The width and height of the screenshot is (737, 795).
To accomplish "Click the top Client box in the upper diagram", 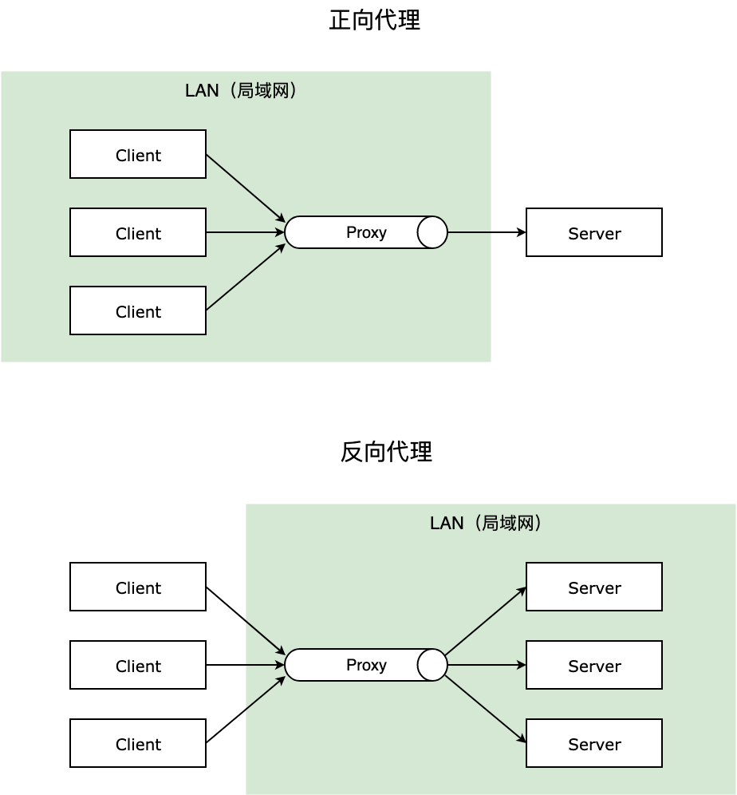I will pyautogui.click(x=138, y=154).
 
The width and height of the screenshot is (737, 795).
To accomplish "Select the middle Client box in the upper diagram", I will pyautogui.click(x=138, y=232).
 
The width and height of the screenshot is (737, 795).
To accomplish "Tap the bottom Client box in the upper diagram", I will pyautogui.click(x=138, y=310).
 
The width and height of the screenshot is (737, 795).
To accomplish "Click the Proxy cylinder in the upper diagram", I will pyautogui.click(x=359, y=232).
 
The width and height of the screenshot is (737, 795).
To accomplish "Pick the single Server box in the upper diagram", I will pyautogui.click(x=594, y=232).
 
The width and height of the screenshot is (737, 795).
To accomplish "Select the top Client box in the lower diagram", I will pyautogui.click(x=138, y=587).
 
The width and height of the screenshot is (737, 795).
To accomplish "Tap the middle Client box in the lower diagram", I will pyautogui.click(x=138, y=665).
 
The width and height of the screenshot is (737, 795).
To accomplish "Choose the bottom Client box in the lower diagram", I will pyautogui.click(x=138, y=743).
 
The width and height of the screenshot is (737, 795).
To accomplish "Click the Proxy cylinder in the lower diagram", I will pyautogui.click(x=359, y=665).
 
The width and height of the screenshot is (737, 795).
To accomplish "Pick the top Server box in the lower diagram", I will pyautogui.click(x=594, y=587).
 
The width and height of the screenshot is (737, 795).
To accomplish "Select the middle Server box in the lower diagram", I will pyautogui.click(x=594, y=665).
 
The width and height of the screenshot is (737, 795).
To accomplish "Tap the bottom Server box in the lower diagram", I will pyautogui.click(x=594, y=743).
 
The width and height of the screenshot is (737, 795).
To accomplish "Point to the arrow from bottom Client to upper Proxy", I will pyautogui.click(x=245, y=278).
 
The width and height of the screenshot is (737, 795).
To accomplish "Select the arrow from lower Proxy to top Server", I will pyautogui.click(x=486, y=621).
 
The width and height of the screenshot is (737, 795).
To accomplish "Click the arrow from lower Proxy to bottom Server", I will pyautogui.click(x=486, y=709).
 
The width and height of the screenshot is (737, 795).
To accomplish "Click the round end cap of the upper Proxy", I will pyautogui.click(x=432, y=232).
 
